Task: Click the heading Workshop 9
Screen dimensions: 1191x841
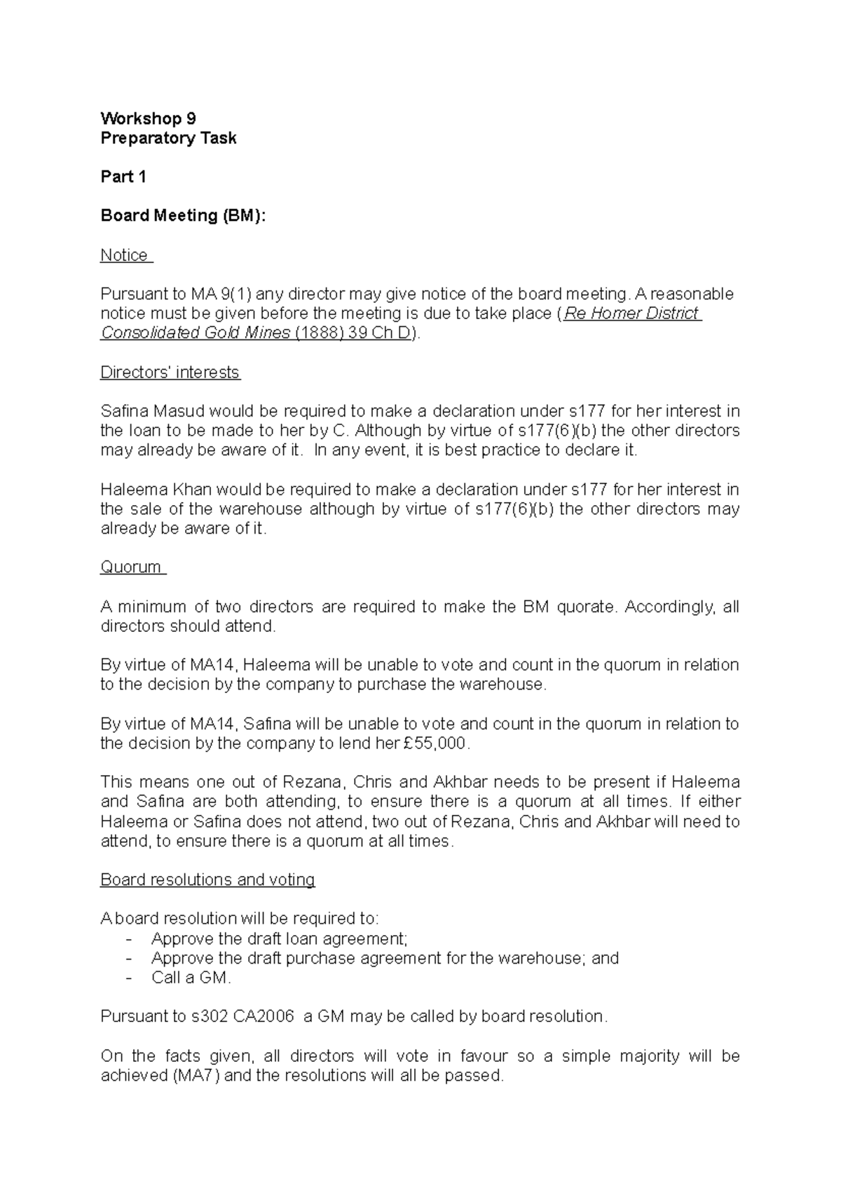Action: point(148,118)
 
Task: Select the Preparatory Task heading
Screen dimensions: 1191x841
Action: point(168,138)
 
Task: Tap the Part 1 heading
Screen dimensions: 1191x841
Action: point(123,177)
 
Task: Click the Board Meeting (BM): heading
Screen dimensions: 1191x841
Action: point(184,216)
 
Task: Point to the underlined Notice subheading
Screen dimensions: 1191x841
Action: point(124,255)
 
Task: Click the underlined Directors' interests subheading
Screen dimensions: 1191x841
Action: point(170,372)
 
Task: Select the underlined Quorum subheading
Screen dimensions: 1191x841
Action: point(131,567)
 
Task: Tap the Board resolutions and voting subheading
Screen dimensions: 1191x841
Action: point(207,880)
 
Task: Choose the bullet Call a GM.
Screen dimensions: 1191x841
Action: point(191,978)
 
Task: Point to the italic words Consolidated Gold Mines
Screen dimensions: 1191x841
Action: point(196,333)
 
